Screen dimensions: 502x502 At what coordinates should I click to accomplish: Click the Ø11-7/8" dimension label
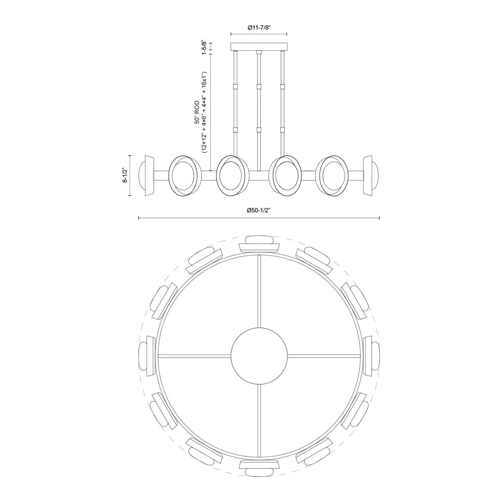click(x=259, y=27)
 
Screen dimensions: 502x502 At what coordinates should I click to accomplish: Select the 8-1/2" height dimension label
click(x=125, y=175)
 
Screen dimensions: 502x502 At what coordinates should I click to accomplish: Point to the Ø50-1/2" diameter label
click(x=259, y=210)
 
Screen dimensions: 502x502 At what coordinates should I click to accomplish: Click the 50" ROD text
click(x=197, y=112)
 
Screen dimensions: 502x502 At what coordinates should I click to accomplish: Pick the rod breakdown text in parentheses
click(x=205, y=113)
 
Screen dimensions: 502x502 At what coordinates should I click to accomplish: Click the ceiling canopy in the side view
click(x=259, y=47)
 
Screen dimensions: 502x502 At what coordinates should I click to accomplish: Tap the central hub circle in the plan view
click(x=259, y=355)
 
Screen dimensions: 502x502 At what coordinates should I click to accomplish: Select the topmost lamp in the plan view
click(x=259, y=244)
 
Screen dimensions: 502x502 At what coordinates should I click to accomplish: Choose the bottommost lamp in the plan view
click(x=259, y=468)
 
